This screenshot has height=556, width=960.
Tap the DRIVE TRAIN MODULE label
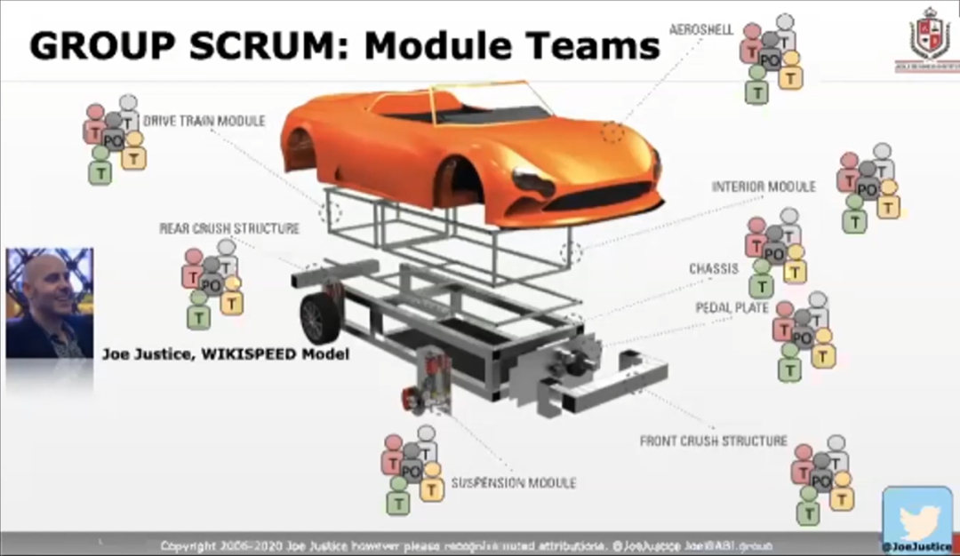(x=204, y=121)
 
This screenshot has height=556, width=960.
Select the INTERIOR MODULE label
(x=764, y=187)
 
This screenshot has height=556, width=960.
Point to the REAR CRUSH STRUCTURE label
(x=229, y=228)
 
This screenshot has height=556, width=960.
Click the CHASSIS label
(x=714, y=268)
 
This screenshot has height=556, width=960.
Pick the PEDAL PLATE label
(x=732, y=307)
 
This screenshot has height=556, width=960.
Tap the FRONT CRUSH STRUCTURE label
(x=714, y=441)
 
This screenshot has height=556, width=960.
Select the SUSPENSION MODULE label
(x=514, y=483)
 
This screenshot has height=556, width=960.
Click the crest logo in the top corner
(x=930, y=37)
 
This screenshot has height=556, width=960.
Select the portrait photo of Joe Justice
(x=50, y=303)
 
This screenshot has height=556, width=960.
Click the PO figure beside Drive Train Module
(x=113, y=140)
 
